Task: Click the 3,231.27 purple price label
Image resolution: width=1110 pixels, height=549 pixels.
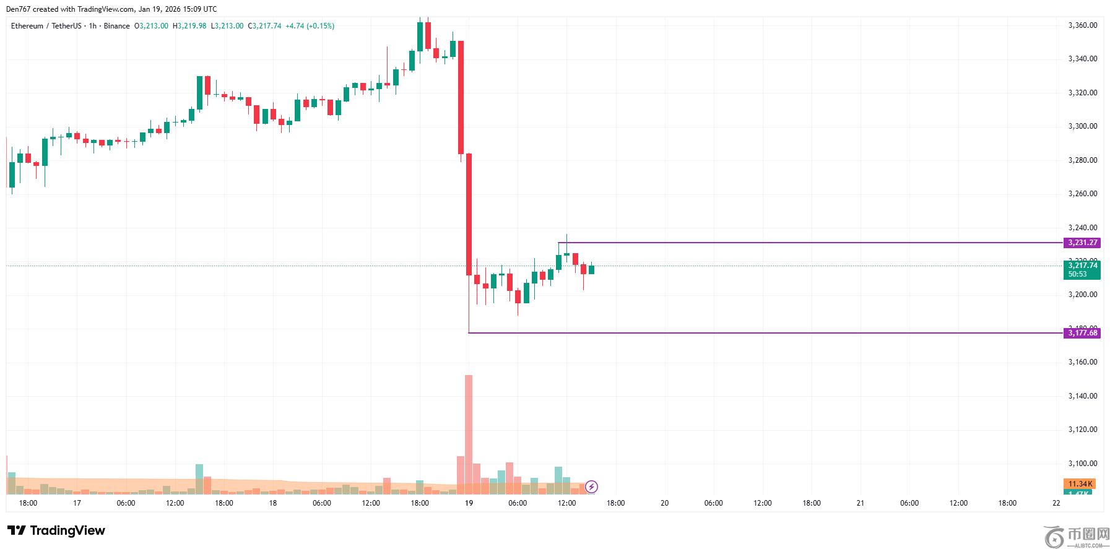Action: coord(1083,243)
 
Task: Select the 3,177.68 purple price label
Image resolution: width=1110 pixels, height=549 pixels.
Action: coord(1083,333)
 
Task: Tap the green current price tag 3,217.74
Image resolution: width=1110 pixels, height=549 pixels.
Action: coord(1083,266)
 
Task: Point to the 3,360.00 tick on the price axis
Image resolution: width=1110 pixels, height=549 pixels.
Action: coord(1083,25)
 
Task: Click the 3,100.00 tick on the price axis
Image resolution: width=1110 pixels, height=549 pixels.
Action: coord(1083,464)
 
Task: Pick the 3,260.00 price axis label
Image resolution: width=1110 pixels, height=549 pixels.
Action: coord(1083,194)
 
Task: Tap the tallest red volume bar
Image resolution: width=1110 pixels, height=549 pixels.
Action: coord(469,433)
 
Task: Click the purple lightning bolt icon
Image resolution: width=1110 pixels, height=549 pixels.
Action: coord(592,486)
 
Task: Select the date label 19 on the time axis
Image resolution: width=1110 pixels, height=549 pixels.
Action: coord(469,503)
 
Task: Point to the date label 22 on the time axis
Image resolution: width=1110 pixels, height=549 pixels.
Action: coord(1056,503)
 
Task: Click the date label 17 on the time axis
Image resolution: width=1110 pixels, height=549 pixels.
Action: coord(77,503)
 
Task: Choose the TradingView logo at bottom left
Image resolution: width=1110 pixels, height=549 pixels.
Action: coord(56,530)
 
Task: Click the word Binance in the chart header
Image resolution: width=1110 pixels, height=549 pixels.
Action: coord(116,26)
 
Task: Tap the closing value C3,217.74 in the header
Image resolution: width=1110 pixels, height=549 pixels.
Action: coord(264,26)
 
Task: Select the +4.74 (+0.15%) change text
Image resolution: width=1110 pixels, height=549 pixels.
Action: coord(310,26)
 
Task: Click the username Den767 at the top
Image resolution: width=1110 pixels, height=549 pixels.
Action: coord(19,9)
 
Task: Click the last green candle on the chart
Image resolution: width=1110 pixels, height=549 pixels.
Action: coord(591,269)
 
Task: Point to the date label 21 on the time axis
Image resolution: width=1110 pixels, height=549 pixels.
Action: coord(861,503)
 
